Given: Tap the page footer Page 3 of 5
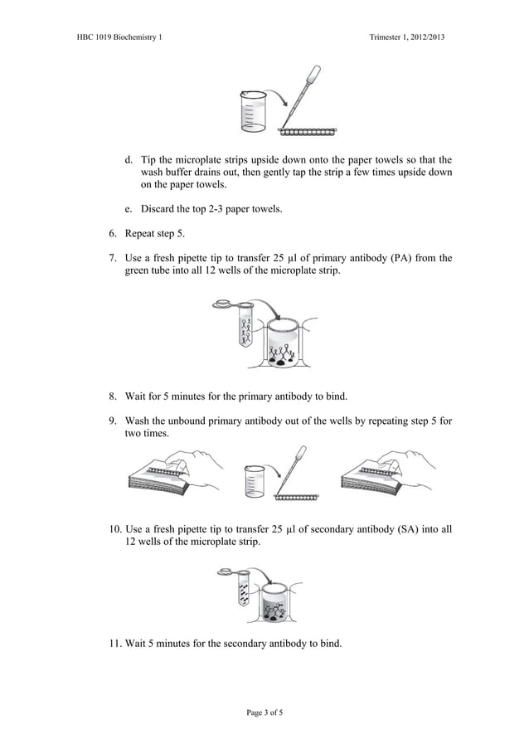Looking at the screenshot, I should click(264, 712).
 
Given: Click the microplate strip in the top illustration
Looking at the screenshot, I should click(308, 131).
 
